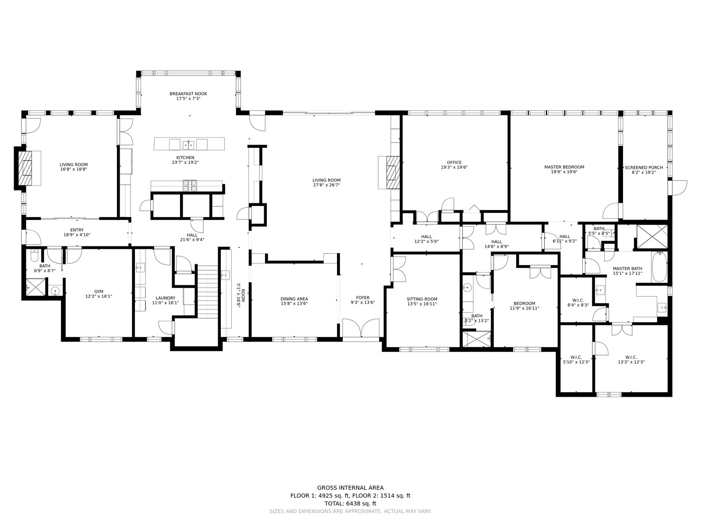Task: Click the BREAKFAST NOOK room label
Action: coord(188,93)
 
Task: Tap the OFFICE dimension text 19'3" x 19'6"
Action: coord(454,167)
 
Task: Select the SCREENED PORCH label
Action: coord(644,167)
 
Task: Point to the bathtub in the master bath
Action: coord(659,267)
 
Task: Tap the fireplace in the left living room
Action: coord(25,168)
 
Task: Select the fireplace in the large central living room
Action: coord(393,172)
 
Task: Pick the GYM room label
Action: coord(99,291)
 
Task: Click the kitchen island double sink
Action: coord(188,145)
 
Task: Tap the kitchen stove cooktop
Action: coord(190,186)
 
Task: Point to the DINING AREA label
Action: coord(294,299)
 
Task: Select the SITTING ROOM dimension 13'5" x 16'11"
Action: coord(422,304)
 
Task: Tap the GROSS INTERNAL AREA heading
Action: coord(350,488)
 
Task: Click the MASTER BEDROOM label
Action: coord(564,167)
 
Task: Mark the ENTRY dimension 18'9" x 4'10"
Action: coord(77,235)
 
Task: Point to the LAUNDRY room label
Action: coord(166,298)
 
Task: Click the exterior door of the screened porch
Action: coord(677,188)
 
